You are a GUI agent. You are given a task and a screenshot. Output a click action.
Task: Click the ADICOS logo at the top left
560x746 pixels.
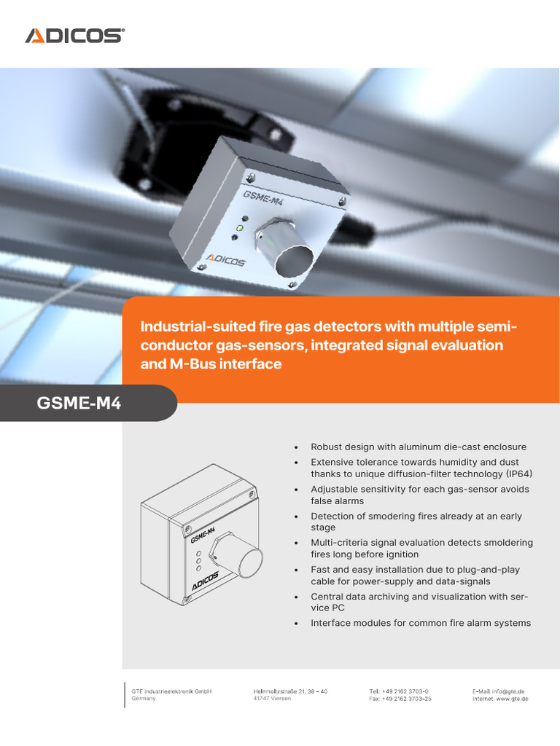pos(74,35)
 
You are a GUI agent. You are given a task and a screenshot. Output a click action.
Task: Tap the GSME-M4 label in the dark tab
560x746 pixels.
pos(79,403)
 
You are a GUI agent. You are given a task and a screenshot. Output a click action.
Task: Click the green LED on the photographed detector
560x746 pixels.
pos(239,229)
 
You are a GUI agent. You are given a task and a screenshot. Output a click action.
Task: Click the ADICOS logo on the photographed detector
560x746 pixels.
pos(226,259)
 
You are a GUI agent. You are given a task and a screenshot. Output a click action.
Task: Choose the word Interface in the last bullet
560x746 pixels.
pos(332,623)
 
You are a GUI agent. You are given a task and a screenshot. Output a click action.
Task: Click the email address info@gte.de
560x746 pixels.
pos(510,691)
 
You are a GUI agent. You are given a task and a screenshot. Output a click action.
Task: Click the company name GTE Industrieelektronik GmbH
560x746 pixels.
pos(171,691)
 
